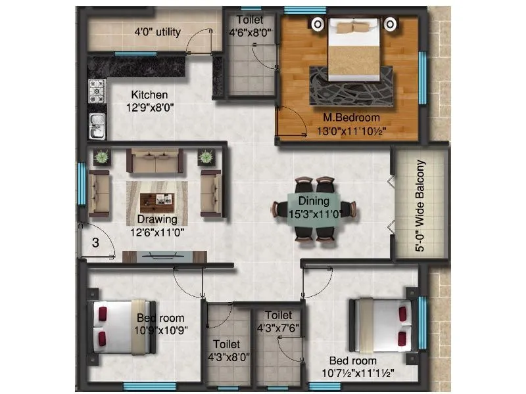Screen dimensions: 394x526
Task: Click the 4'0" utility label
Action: [x=157, y=32]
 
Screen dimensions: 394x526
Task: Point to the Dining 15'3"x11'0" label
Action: [x=314, y=208]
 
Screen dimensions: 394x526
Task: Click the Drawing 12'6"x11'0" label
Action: [x=157, y=225]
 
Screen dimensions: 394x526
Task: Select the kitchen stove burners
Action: [x=97, y=91]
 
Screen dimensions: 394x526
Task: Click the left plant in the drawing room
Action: [x=102, y=157]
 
